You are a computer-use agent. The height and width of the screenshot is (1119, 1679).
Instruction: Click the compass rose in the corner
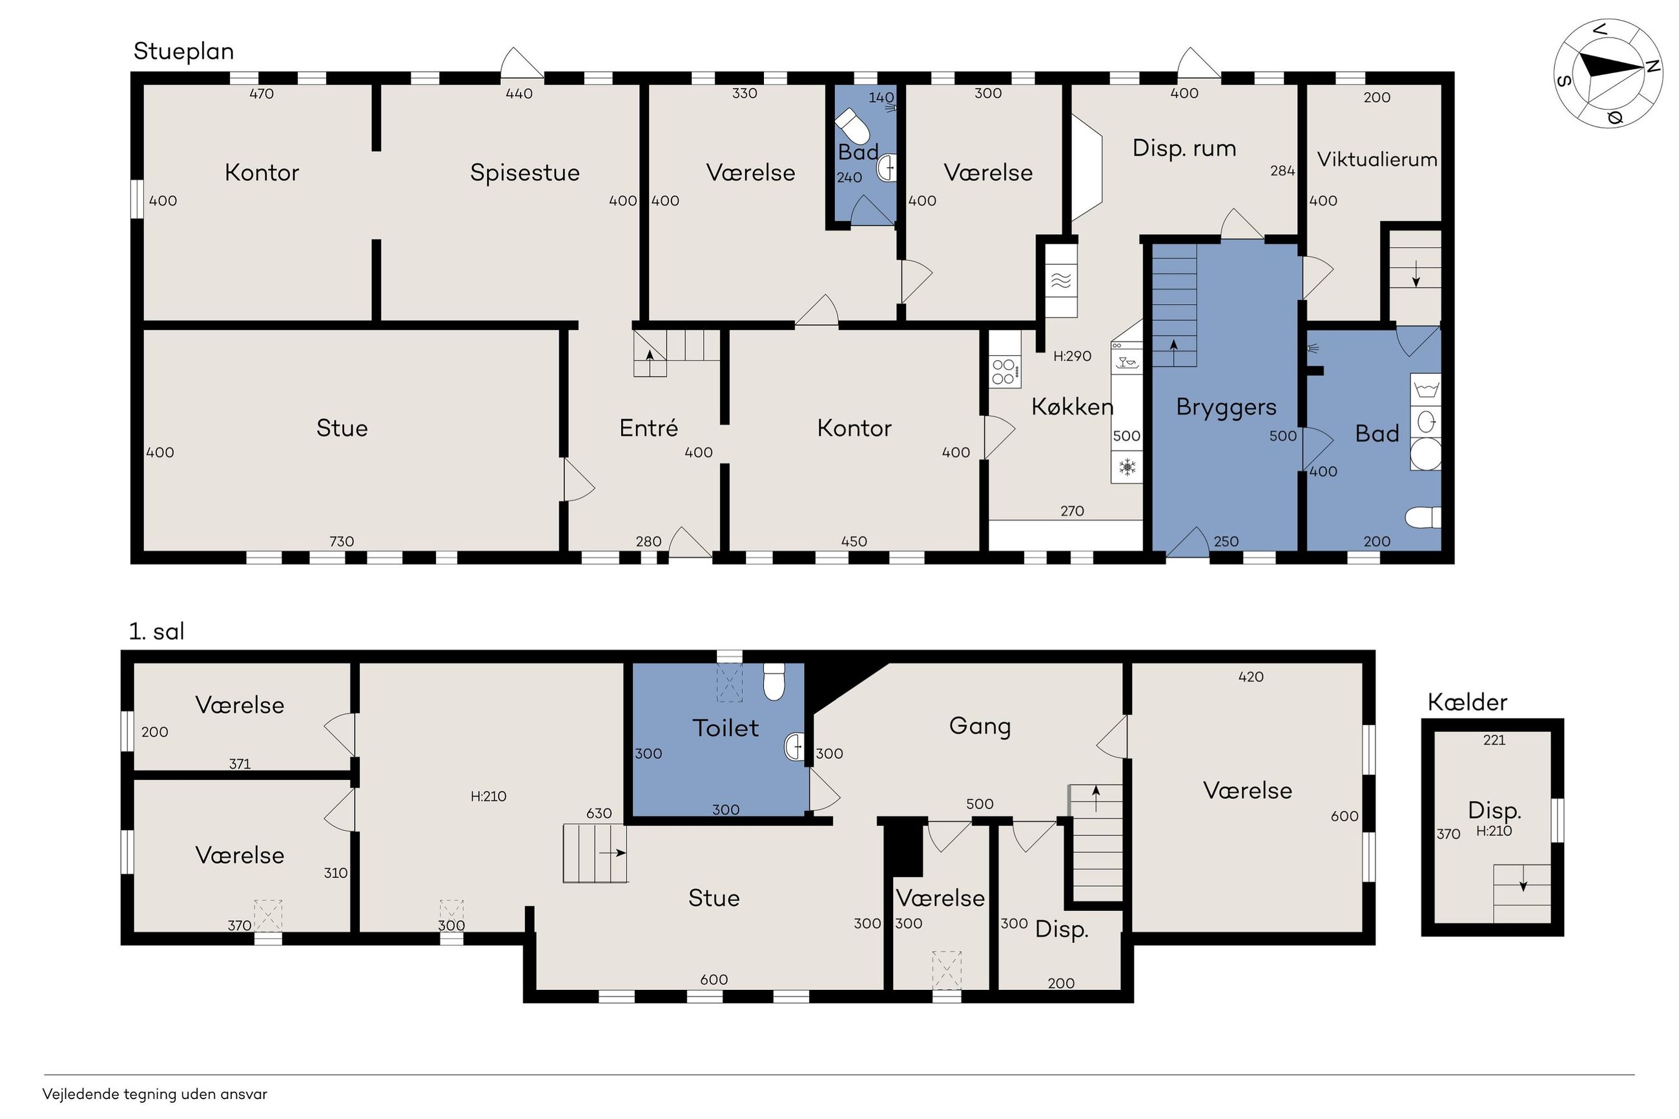1608,74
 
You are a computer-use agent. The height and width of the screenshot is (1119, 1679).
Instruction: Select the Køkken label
1072,406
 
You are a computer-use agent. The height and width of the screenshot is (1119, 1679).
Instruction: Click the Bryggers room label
1226,407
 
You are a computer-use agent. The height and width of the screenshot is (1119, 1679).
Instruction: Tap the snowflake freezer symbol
1127,468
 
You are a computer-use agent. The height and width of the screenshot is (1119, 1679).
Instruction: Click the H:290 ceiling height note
1072,356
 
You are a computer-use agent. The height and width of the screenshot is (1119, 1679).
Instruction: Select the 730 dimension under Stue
342,541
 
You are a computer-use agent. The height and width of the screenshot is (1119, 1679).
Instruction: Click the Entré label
648,427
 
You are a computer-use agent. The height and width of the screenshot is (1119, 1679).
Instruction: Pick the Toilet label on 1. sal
725,727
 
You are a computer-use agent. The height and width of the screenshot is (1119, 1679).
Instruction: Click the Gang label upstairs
980,726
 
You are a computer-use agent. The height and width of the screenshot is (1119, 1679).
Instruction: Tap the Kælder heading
1467,703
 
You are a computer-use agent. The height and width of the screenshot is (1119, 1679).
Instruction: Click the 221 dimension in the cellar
1494,740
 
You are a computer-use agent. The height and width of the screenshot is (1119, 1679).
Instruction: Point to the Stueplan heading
183,52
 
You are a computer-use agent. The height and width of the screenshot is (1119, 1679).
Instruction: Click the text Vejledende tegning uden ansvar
155,1094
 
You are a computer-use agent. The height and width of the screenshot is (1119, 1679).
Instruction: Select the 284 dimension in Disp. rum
1282,170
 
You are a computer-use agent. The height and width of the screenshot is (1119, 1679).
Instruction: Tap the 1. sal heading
156,631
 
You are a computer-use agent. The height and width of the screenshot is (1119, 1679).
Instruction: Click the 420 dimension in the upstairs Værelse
1251,677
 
